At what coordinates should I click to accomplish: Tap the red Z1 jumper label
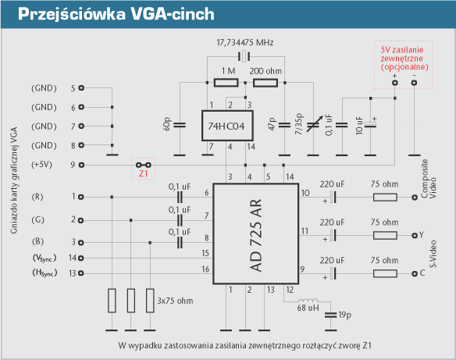pos(144,173)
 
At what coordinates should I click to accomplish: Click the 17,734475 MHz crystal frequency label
pos(245,43)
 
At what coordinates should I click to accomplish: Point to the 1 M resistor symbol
pos(226,83)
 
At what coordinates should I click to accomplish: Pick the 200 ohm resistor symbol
pos(265,83)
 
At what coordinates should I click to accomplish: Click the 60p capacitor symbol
pos(180,125)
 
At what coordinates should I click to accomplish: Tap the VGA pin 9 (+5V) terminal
pos(82,165)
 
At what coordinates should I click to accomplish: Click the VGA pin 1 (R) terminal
pos(81,197)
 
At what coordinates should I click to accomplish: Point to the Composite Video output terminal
pos(415,198)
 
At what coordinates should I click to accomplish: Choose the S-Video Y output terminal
pos(415,236)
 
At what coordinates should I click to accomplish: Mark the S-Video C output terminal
pos(415,273)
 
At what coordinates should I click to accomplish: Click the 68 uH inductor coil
pos(308,300)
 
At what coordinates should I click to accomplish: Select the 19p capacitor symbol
pos(330,315)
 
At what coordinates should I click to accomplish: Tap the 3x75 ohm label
pos(175,301)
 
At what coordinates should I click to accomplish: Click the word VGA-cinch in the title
pos(173,14)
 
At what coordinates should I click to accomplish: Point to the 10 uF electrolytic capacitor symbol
pos(370,124)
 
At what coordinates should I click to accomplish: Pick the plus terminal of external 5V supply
pos(394,83)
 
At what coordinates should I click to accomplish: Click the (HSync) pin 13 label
pos(45,273)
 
